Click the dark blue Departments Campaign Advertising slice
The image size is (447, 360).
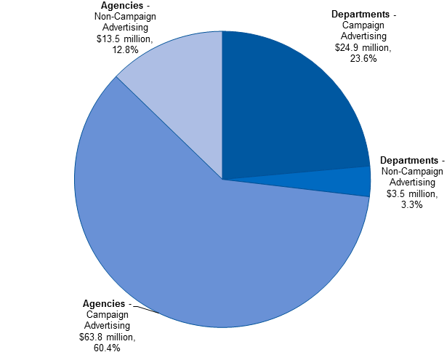(291, 102)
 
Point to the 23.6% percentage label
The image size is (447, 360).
(363, 59)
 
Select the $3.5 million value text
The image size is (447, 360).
(408, 193)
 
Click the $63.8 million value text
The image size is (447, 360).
(107, 337)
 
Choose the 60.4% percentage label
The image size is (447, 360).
(107, 348)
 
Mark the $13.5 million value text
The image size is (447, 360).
(124, 39)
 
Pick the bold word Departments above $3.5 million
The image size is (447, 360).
(408, 160)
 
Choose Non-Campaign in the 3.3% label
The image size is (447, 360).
(411, 171)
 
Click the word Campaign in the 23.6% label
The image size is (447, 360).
(363, 25)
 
